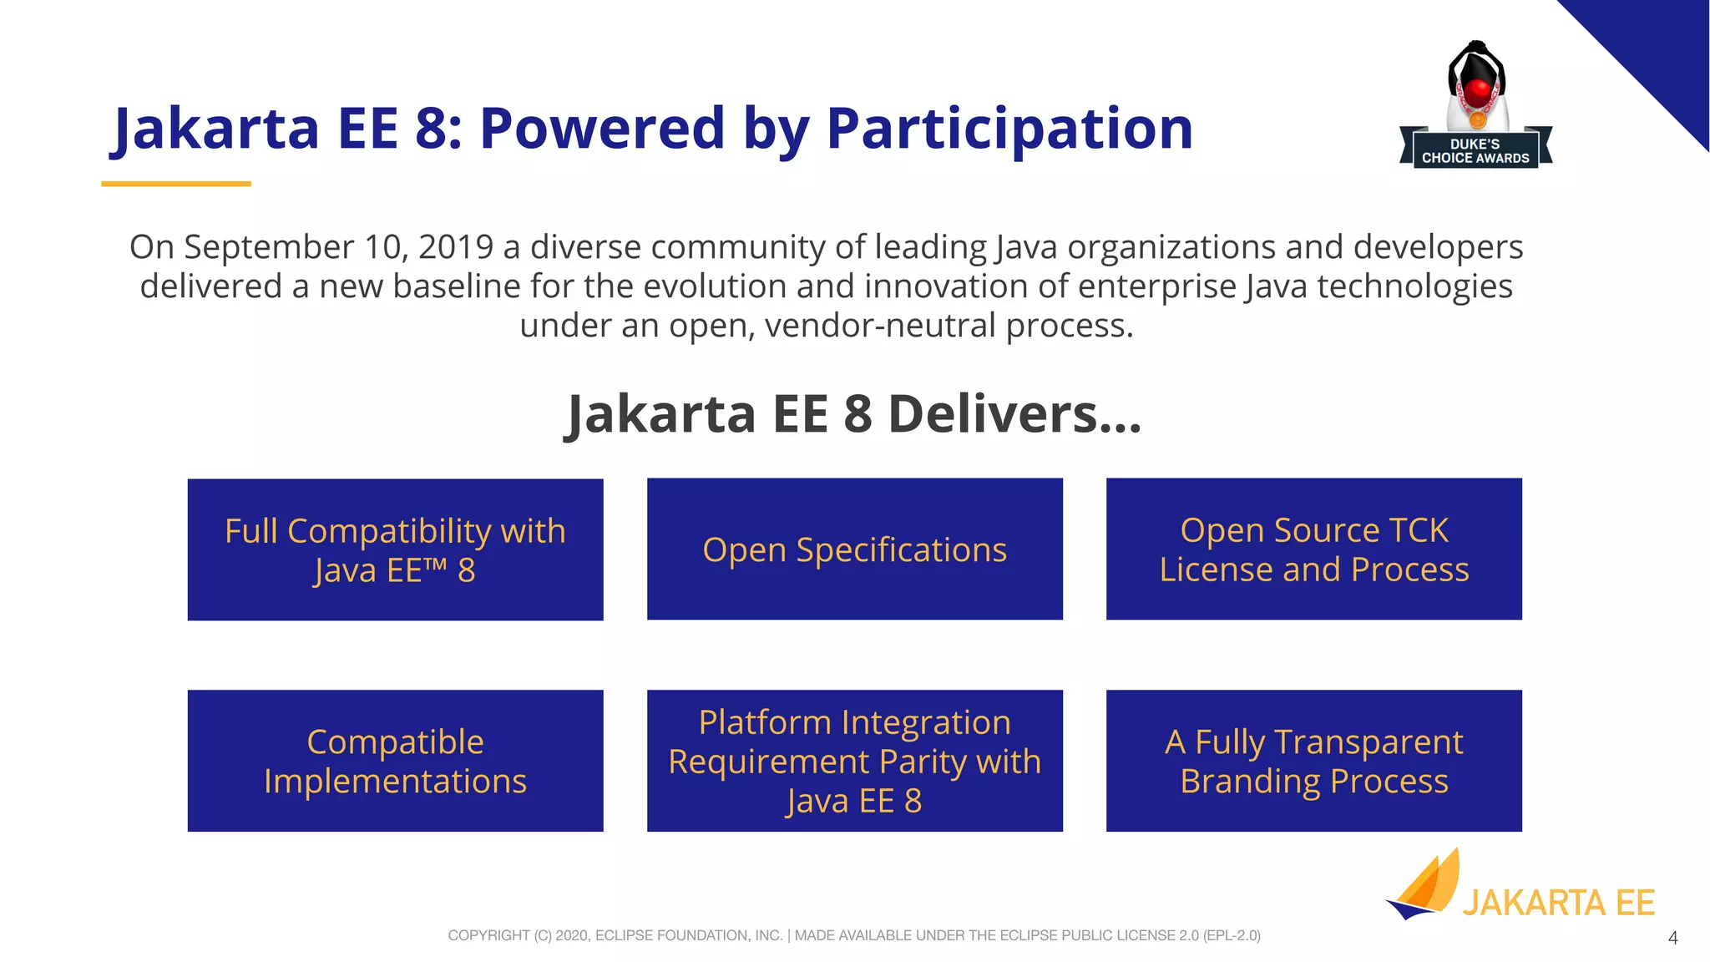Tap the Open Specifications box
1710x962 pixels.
pos(854,549)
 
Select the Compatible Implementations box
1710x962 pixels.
pos(395,761)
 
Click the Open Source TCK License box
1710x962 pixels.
pos(1313,549)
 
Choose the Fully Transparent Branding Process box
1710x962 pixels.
pos(1313,761)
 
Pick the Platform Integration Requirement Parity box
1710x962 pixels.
pos(854,761)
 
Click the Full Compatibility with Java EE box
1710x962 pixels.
pos(395,549)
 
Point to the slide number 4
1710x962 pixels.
pos(1672,938)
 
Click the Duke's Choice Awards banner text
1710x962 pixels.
pos(1475,151)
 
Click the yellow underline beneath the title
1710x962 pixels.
pos(176,184)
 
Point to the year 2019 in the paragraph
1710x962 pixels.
pos(456,247)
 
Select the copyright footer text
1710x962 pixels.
pos(854,935)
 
